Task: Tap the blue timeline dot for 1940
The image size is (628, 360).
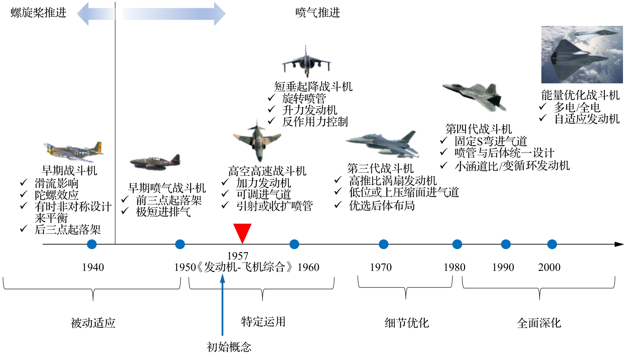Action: tap(92, 244)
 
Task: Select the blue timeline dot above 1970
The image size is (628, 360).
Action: tap(384, 244)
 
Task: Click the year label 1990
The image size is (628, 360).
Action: tap(503, 267)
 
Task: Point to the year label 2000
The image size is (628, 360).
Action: tap(549, 267)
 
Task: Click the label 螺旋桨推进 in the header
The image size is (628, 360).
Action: tap(38, 13)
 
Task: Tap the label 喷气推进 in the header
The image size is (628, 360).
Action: tap(317, 13)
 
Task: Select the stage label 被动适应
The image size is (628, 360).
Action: tap(93, 323)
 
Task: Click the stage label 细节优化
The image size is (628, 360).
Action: tap(407, 323)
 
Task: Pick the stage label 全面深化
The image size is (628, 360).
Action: tap(539, 323)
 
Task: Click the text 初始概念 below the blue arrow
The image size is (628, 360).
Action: tap(229, 347)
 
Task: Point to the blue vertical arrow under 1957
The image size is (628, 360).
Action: tap(223, 305)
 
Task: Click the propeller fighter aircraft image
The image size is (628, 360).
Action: tap(74, 151)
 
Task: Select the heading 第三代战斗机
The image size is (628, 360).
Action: tap(380, 168)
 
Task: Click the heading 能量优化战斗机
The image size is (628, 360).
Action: tap(580, 95)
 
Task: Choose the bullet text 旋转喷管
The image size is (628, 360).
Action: tap(304, 98)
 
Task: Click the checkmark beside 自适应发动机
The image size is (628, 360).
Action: tap(542, 118)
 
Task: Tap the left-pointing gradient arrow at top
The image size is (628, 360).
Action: tap(95, 14)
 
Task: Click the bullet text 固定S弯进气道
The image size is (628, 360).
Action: tap(491, 141)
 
